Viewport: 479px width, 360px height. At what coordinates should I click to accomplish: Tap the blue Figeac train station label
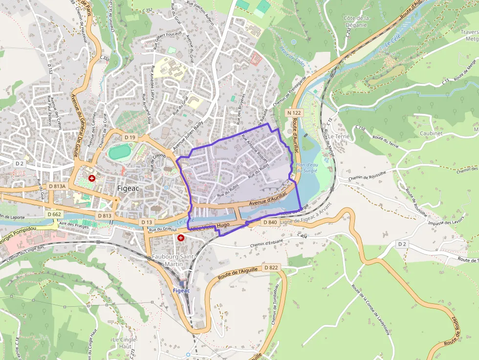coord(181,290)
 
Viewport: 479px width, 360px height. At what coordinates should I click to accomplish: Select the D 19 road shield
coord(130,138)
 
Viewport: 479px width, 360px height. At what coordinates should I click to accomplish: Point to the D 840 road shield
coord(270,222)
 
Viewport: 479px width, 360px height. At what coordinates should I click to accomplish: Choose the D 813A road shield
coord(57,186)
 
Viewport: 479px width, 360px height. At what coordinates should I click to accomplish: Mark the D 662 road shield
coord(55,214)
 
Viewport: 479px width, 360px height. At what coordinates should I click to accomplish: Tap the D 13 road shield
coord(147,222)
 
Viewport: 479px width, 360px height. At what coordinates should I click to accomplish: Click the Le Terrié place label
coord(339,136)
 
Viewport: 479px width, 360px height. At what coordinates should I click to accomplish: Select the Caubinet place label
coord(431,133)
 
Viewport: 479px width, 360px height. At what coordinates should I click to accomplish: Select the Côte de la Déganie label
coord(357,21)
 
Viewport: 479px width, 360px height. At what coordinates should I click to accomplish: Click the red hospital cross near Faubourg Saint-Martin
coord(181,237)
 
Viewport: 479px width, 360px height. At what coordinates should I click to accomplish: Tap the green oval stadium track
coord(119,152)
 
